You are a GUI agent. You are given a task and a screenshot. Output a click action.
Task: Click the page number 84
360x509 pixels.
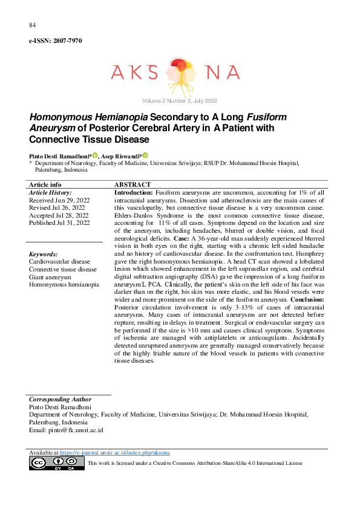coord(33,25)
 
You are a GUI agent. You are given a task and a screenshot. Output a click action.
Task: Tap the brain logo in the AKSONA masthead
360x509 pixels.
coord(180,72)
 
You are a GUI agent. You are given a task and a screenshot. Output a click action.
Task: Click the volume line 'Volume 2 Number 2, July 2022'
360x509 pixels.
coord(180,100)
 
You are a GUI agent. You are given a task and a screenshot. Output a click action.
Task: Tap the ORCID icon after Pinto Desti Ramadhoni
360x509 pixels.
coord(95,155)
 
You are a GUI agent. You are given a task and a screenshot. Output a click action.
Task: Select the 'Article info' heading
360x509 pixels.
coord(45,184)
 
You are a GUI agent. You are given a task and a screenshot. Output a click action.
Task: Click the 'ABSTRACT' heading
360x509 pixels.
coord(133,184)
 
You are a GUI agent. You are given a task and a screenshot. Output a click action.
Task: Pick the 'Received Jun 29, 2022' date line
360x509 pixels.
coord(59,199)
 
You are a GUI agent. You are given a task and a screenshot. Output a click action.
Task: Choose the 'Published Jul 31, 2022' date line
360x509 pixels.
coord(59,223)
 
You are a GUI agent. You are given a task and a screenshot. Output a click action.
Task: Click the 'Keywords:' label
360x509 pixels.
coord(44,254)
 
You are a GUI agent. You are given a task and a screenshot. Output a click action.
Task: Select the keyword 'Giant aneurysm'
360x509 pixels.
coord(51,277)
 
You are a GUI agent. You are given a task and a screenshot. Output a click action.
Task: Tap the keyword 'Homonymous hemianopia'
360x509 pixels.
coord(64,284)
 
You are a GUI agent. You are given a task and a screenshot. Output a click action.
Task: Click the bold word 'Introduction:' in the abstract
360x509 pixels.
coord(134,192)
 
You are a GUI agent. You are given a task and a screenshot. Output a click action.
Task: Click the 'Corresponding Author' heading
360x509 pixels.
coord(61,400)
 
